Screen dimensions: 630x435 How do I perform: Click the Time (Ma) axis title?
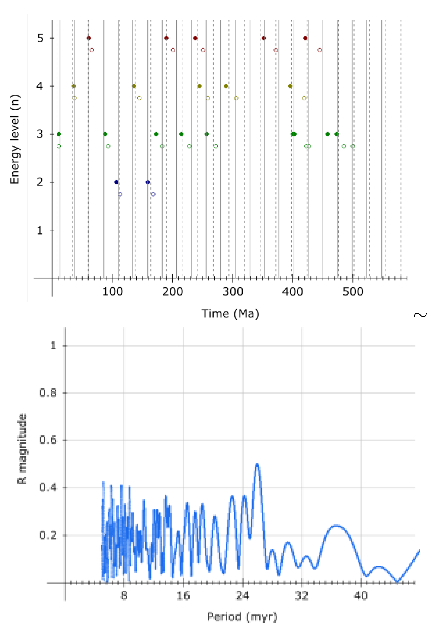point(230,314)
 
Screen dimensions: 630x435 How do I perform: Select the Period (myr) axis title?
point(242,616)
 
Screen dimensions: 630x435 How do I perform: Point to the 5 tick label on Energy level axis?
point(40,38)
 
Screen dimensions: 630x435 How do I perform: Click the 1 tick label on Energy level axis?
point(40,231)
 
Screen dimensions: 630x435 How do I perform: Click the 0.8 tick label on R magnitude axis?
point(48,393)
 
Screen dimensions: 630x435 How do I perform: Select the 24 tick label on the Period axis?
point(242,596)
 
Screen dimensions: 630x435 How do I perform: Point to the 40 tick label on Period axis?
point(361,596)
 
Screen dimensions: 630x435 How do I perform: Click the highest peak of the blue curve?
point(257,464)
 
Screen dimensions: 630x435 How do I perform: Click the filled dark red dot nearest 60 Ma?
point(89,38)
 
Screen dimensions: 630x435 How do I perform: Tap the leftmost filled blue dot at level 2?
point(116,182)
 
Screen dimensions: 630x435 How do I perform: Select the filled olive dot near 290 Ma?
point(226,86)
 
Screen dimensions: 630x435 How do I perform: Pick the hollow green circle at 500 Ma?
point(353,146)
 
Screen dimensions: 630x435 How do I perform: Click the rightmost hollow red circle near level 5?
point(320,50)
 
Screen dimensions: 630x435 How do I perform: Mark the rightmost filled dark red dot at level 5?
point(305,38)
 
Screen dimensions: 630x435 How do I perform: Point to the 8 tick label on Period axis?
point(124,596)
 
